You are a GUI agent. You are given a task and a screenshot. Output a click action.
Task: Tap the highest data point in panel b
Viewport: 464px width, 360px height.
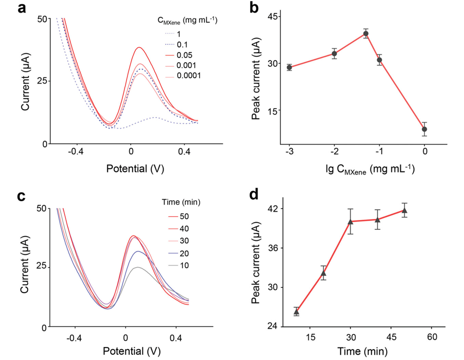click(x=366, y=33)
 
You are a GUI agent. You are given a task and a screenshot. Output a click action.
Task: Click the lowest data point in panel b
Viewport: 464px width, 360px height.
click(x=425, y=129)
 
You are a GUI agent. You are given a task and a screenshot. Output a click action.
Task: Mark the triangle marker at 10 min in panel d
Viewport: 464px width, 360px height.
click(x=296, y=311)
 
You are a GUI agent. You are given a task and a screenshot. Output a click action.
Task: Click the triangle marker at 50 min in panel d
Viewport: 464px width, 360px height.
click(x=404, y=211)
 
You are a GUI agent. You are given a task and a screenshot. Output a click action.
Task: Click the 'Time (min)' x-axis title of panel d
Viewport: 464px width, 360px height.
click(x=365, y=350)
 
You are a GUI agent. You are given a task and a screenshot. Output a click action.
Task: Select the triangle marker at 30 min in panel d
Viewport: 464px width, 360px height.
click(x=351, y=222)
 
